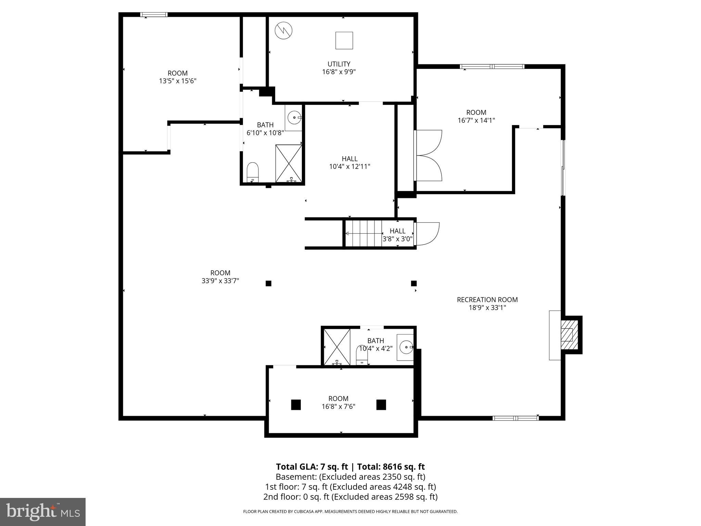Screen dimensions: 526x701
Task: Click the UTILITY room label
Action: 339,64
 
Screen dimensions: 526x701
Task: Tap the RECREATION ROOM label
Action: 487,300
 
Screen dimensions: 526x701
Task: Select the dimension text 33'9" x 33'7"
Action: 220,281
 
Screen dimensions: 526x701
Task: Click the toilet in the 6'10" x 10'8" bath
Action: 253,172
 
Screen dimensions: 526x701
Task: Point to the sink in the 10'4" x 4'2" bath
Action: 406,347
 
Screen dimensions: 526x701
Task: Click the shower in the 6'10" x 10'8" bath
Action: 289,163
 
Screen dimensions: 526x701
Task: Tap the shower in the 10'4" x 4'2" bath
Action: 337,347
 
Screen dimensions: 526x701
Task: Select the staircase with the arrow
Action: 363,234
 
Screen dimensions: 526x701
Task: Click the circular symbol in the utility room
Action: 284,30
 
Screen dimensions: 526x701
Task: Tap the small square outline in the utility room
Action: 344,40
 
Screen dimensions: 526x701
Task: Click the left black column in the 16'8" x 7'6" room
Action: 296,405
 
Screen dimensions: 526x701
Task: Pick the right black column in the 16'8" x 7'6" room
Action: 381,405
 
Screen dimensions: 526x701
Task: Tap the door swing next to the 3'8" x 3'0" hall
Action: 427,234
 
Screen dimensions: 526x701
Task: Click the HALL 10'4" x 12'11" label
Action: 349,163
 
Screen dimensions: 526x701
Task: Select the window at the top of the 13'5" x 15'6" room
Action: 154,14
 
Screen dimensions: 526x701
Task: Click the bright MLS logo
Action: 43,512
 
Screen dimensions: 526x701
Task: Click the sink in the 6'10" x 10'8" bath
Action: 294,118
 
